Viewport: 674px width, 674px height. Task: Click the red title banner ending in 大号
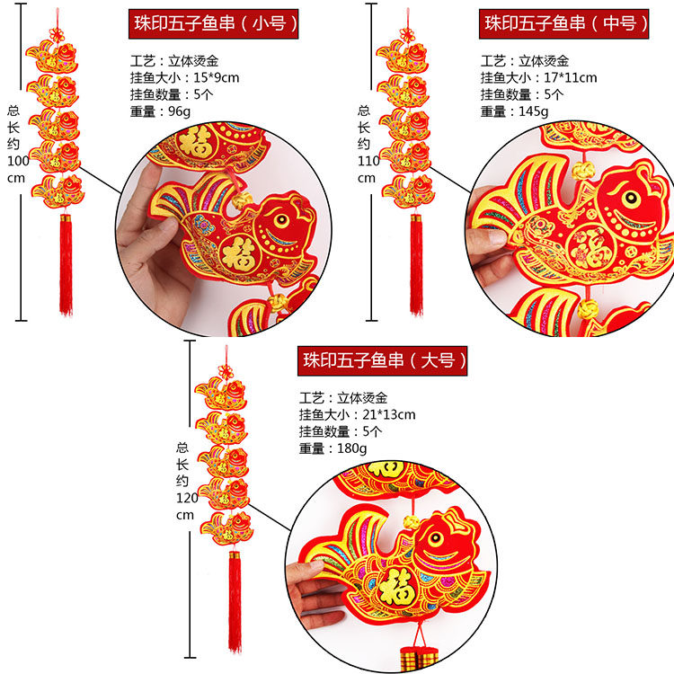point(385,360)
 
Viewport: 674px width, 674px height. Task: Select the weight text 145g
point(532,111)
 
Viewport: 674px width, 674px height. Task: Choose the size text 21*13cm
point(388,414)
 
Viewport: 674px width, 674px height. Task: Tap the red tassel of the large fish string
point(235,602)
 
